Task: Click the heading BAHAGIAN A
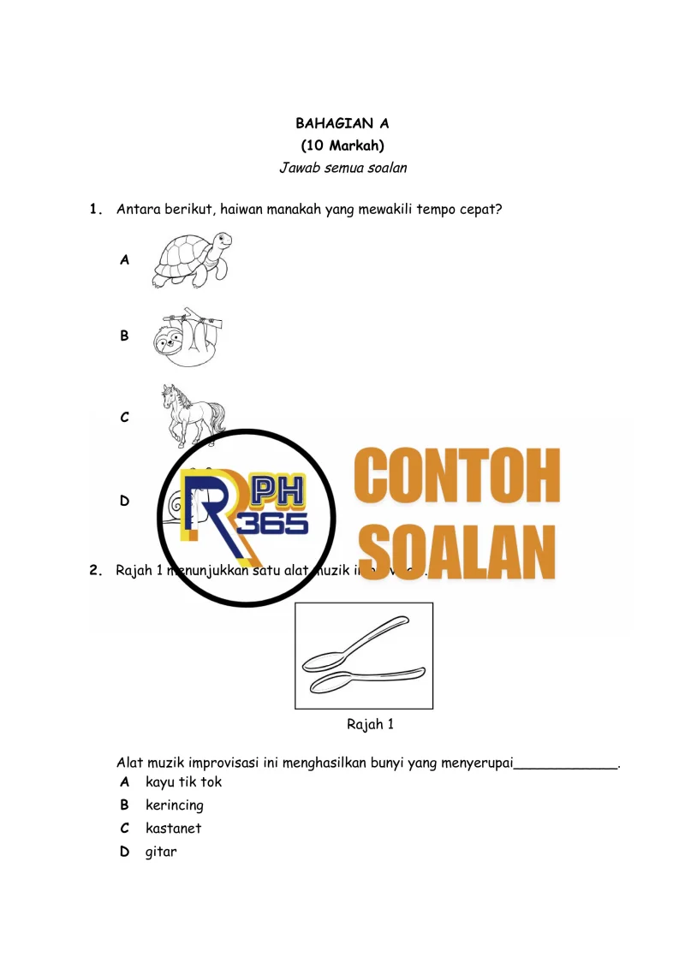tap(342, 124)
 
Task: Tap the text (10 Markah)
tap(342, 145)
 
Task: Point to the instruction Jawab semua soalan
tap(342, 168)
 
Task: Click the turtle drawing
tap(192, 260)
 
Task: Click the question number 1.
tap(96, 208)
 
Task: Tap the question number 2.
tap(96, 570)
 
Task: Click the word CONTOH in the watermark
tap(457, 477)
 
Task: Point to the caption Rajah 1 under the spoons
tap(370, 724)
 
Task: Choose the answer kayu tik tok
tap(183, 781)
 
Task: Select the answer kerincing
tap(175, 805)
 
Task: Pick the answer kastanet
tap(174, 828)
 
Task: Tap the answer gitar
tap(161, 852)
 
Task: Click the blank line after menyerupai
tap(565, 763)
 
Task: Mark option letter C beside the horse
tap(125, 418)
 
